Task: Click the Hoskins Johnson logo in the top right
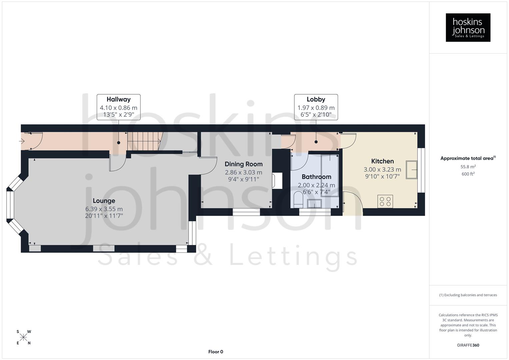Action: tap(468, 27)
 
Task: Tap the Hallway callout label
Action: tap(118, 99)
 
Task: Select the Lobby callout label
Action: tap(316, 99)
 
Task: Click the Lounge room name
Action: tap(104, 201)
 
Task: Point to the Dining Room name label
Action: tap(243, 164)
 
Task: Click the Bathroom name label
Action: tap(316, 177)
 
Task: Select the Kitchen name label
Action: tap(382, 161)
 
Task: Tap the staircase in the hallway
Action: tap(143, 141)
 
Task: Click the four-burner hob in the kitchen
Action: tap(385, 201)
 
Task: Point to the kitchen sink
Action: tap(412, 170)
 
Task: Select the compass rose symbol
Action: tap(23, 337)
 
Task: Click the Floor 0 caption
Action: tap(215, 352)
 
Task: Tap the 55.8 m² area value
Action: tap(468, 167)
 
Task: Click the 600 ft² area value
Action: tap(468, 174)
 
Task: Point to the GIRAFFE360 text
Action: tap(468, 345)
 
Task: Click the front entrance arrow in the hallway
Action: tap(22, 141)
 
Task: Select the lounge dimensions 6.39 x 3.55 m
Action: tap(104, 209)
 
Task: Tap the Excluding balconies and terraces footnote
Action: tap(468, 295)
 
